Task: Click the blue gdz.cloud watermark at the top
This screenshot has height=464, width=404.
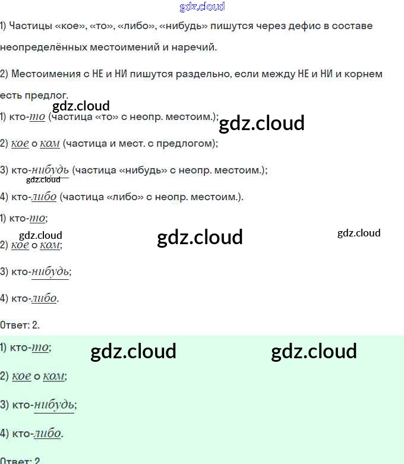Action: (x=202, y=7)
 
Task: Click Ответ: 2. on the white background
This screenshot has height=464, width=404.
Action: (x=20, y=325)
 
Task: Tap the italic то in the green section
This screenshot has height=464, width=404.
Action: (x=39, y=348)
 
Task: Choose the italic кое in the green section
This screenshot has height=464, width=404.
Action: (x=21, y=376)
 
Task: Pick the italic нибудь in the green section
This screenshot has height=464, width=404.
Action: (x=53, y=405)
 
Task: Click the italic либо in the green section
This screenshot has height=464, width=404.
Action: (x=48, y=433)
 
